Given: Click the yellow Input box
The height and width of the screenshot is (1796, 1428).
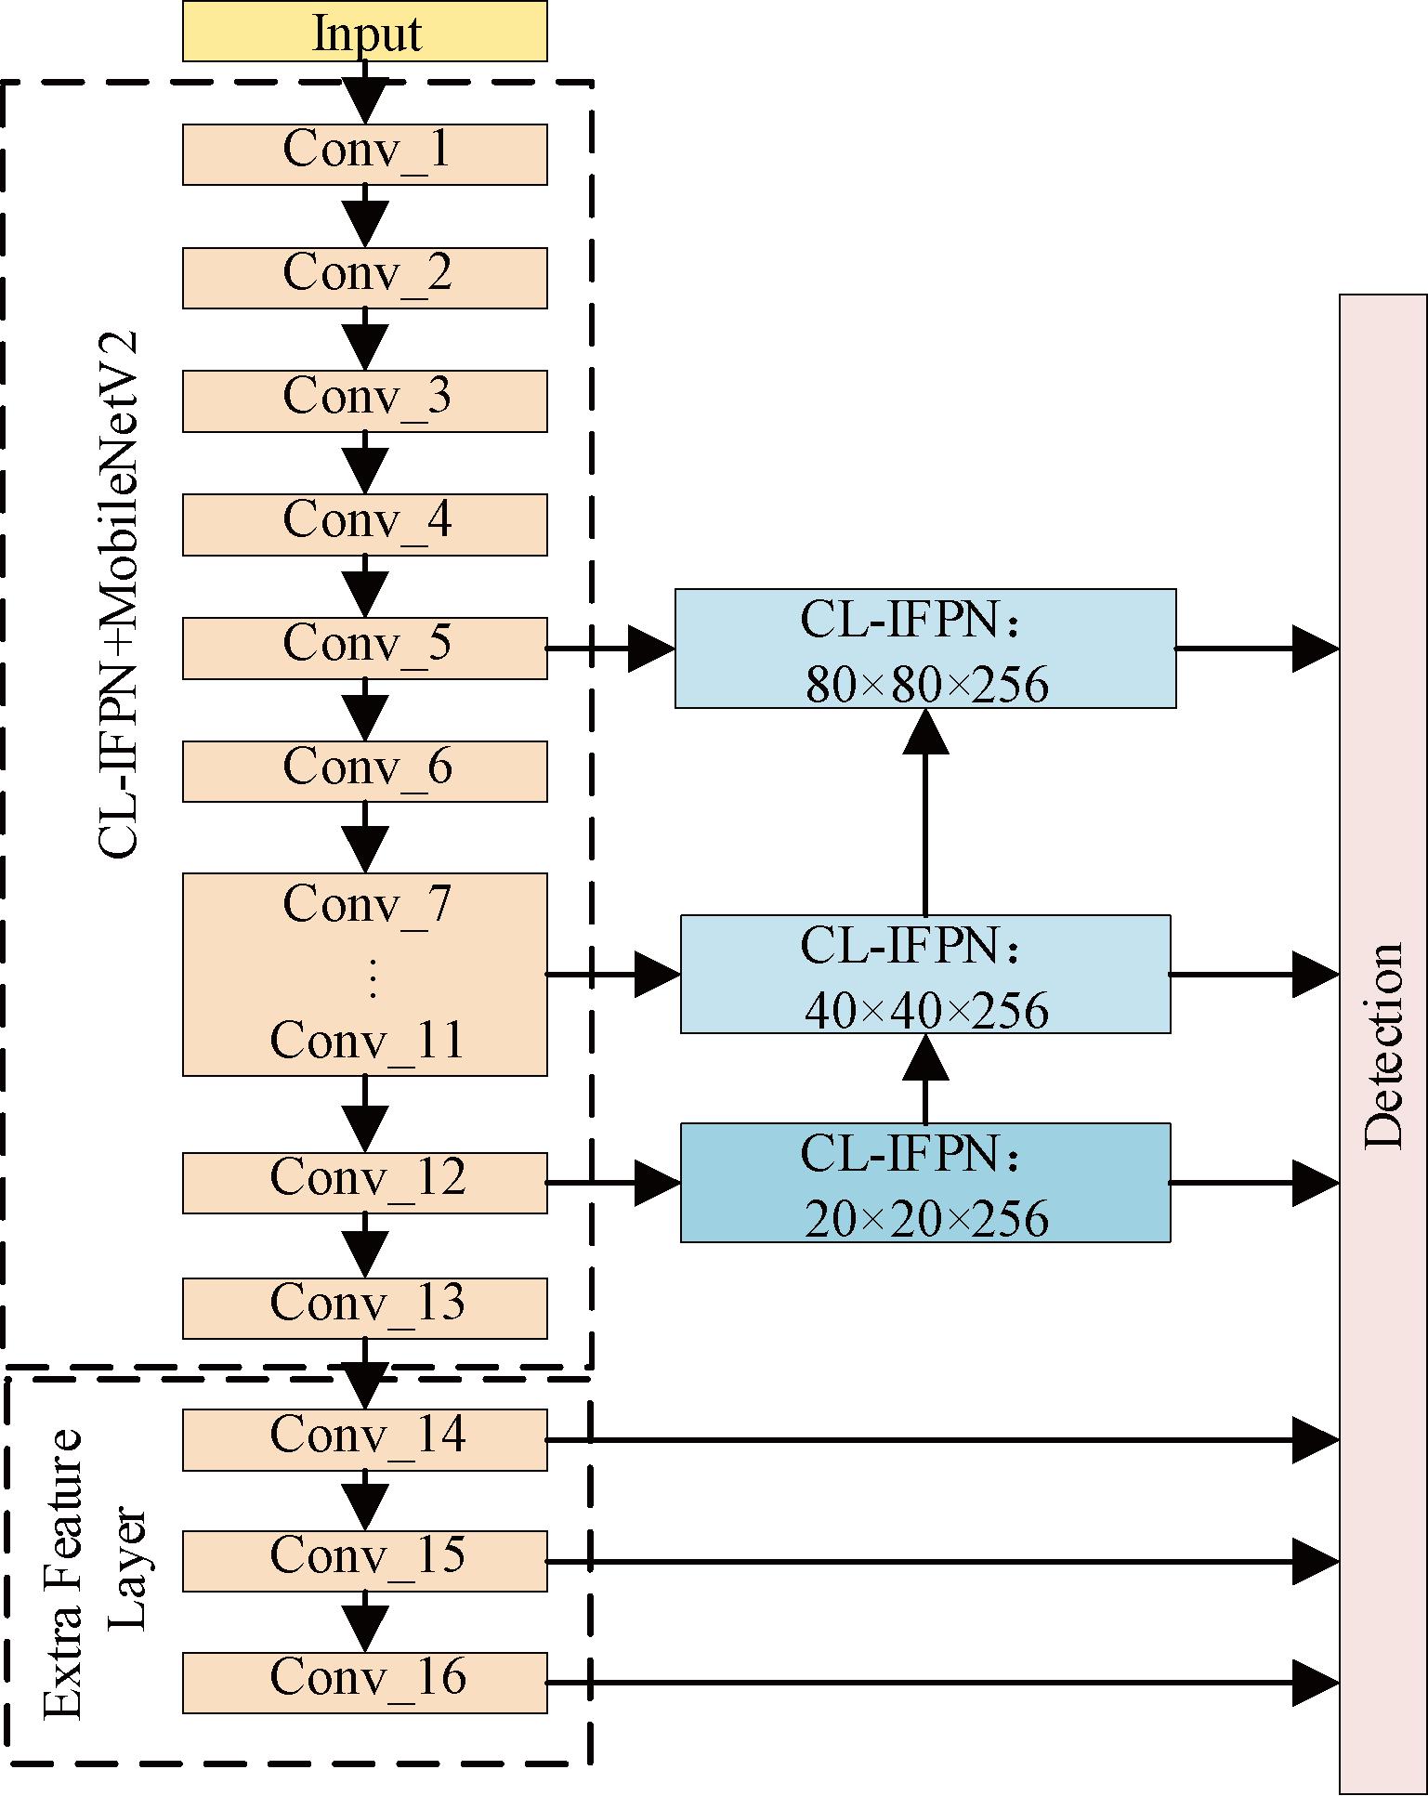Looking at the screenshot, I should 364,32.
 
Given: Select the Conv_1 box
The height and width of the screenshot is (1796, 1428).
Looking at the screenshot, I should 364,154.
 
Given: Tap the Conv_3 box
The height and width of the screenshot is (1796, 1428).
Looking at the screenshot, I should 364,400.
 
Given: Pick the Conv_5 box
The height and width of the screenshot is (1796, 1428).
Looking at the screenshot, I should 364,648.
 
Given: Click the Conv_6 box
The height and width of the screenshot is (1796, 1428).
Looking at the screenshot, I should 364,771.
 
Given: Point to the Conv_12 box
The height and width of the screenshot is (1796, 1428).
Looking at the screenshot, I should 364,1183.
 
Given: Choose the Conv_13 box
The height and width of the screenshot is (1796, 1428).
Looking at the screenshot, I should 364,1308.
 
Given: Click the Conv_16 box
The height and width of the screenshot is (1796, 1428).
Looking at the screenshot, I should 364,1683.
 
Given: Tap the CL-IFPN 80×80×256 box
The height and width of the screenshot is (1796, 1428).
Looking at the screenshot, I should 925,649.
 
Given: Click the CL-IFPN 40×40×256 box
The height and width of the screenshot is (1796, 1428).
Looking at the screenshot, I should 925,974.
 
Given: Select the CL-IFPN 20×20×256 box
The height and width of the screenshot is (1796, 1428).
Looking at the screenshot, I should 925,1183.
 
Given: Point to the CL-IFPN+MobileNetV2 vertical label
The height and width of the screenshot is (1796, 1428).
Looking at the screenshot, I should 118,595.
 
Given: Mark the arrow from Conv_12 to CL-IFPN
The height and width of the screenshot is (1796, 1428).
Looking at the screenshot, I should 613,1183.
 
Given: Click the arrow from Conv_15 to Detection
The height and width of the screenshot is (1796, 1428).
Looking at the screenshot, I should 938,1562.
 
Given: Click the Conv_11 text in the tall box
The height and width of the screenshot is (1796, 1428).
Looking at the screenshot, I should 367,1041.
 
